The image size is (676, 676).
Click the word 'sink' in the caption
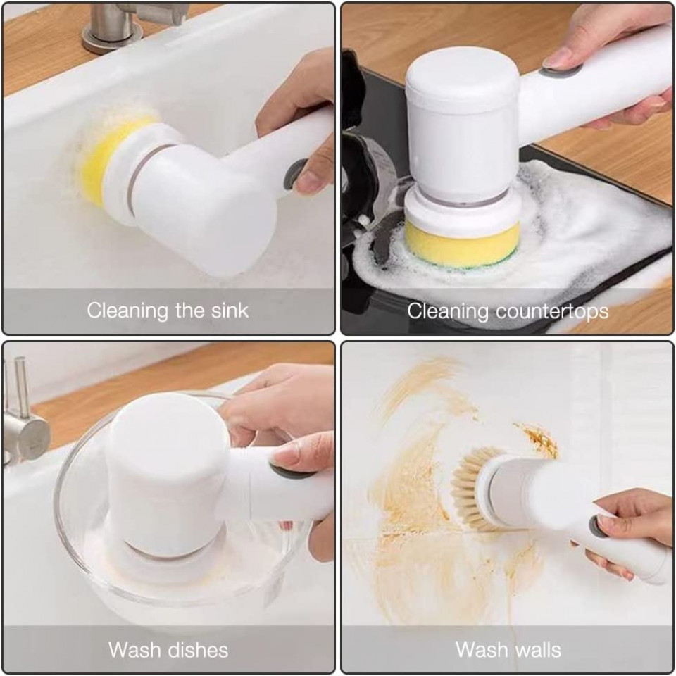[x=230, y=311]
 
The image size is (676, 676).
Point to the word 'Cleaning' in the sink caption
[x=127, y=311]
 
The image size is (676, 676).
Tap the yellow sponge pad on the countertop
[x=462, y=244]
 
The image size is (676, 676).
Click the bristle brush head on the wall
[x=472, y=489]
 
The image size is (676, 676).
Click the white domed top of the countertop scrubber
[x=463, y=77]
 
